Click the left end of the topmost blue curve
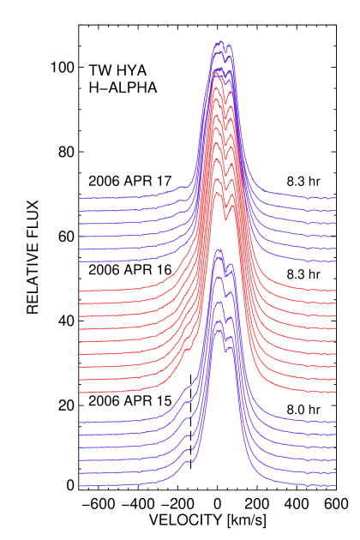[80, 198]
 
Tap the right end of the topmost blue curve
[335, 198]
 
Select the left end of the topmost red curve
[80, 291]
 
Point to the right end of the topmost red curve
[335, 291]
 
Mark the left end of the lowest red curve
[80, 393]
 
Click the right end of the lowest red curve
[335, 393]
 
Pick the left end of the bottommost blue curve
[80, 486]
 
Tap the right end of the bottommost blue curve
[335, 486]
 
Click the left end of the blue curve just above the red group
[80, 261]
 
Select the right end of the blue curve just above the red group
[335, 261]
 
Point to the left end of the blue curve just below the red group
[80, 423]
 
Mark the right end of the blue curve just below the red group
[335, 423]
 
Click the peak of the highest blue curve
[220, 40]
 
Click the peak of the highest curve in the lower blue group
[220, 249]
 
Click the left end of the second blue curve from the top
[80, 211]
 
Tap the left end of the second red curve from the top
[80, 303]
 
